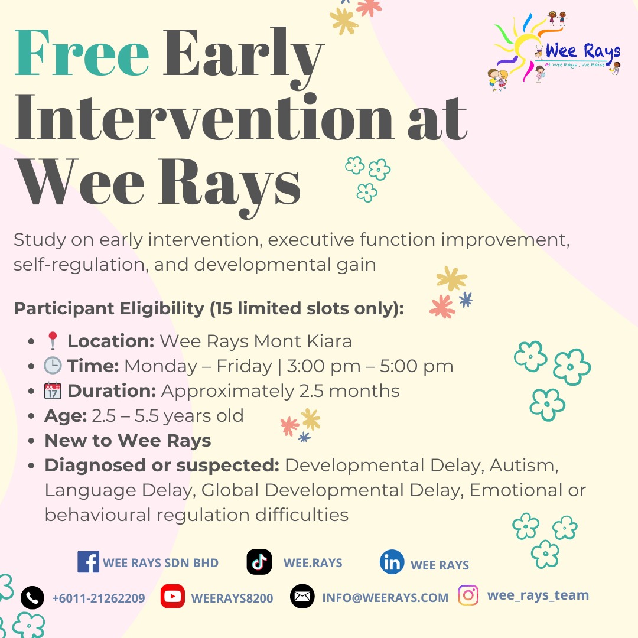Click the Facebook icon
coord(88,562)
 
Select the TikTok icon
coord(259,562)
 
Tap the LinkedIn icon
coord(392,562)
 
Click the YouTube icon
coord(172,597)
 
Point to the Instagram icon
coord(468,595)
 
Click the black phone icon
coord(32,598)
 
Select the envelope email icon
coord(302,597)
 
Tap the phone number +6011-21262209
coord(99,598)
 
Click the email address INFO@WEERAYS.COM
coord(385,598)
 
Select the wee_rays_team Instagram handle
coord(538,595)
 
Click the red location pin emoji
coord(53,341)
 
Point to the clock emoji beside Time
coord(53,366)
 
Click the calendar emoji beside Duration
coord(53,391)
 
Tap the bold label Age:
coord(66,416)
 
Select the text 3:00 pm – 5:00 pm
coord(370,366)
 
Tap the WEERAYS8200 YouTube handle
coord(232,598)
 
